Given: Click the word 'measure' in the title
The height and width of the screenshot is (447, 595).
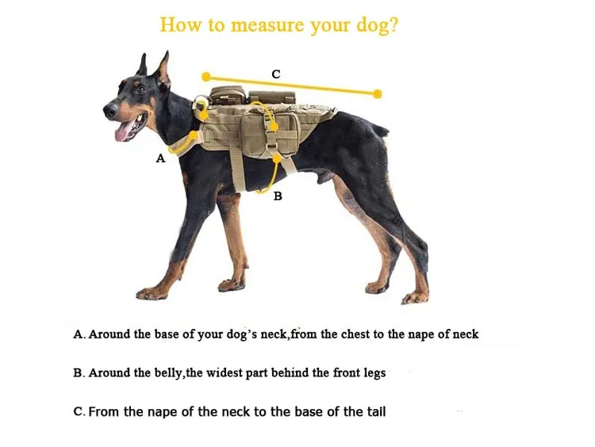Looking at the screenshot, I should pos(268,25).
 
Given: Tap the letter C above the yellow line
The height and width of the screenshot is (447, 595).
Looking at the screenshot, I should pos(276,74).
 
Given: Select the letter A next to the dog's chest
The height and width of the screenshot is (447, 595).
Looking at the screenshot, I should pos(160,159).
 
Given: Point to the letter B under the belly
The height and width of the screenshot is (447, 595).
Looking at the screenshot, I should pos(278,196).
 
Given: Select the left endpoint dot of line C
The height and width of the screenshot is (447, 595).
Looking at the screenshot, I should pos(206,77).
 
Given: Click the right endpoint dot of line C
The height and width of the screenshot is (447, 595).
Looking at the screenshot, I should pos(378,94).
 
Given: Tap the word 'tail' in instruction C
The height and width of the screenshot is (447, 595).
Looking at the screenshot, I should pos(375,411).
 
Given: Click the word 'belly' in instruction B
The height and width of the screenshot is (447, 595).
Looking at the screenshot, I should pos(164,372).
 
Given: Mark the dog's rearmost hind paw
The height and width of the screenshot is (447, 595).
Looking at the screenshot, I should pos(416,298).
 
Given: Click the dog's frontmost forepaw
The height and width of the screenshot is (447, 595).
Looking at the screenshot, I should pos(150,293).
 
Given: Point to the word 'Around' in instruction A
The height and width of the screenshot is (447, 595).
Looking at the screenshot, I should pos(110,334).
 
